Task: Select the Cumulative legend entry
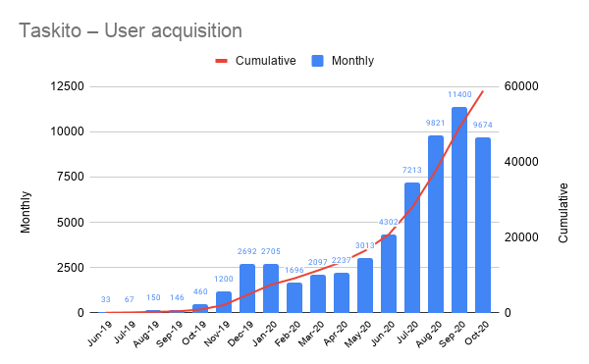(256, 61)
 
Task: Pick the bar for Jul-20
(412, 247)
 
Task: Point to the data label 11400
(459, 96)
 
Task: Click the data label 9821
(436, 125)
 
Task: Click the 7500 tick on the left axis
(71, 177)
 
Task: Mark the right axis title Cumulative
(563, 199)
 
